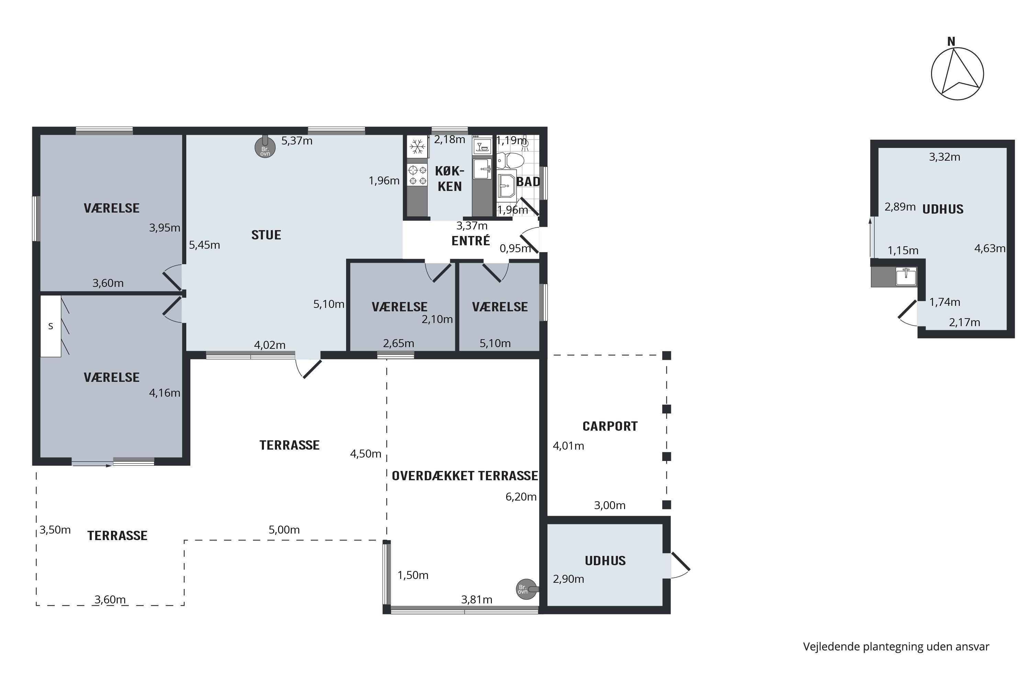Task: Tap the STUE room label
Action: (266, 235)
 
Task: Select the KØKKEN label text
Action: (450, 179)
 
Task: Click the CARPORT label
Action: (610, 426)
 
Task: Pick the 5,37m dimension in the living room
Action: (297, 141)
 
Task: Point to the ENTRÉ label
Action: (471, 240)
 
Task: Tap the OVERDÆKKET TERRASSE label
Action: (465, 476)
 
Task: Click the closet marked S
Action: (51, 326)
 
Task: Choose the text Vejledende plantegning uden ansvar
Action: (896, 646)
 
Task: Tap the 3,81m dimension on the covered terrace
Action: (476, 599)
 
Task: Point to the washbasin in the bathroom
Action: (507, 186)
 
